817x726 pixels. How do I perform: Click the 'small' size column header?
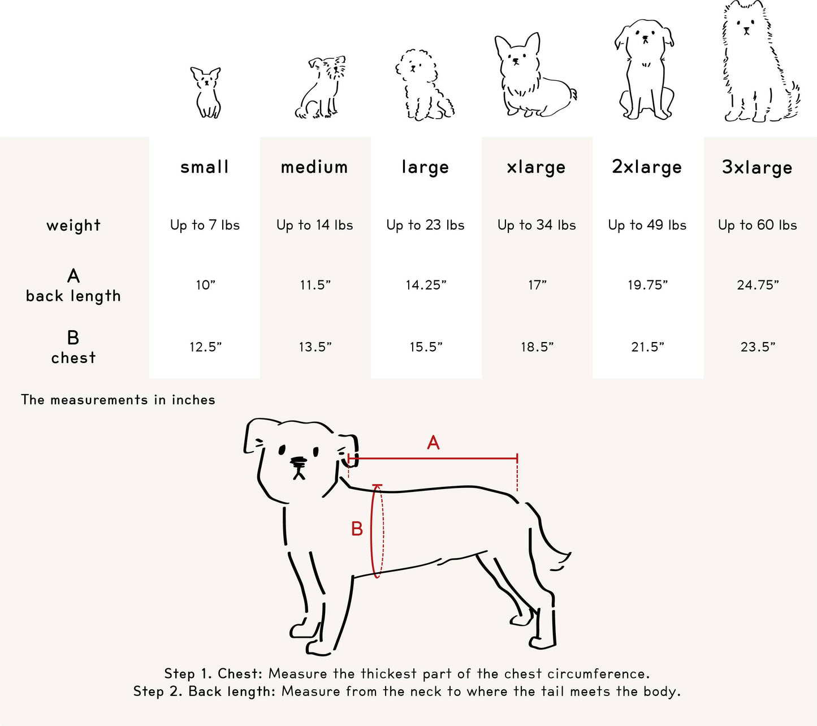click(205, 167)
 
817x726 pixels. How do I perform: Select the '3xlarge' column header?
click(757, 167)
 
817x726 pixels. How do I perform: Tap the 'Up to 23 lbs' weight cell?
click(425, 225)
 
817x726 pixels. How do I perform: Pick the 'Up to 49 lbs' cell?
click(647, 225)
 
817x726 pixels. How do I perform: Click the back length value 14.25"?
click(426, 285)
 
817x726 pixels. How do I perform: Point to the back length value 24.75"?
click(758, 285)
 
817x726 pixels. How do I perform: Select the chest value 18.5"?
click(537, 347)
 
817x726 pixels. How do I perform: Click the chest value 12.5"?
click(205, 347)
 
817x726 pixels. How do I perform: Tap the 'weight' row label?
click(74, 225)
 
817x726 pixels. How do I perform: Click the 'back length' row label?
click(74, 296)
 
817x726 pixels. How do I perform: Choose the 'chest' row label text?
click(74, 358)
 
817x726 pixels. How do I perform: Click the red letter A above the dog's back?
click(433, 443)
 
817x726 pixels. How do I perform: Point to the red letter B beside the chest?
click(357, 529)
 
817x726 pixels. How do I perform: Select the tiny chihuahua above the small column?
click(206, 92)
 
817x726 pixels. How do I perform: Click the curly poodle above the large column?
click(423, 85)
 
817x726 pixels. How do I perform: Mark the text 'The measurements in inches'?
click(118, 400)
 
